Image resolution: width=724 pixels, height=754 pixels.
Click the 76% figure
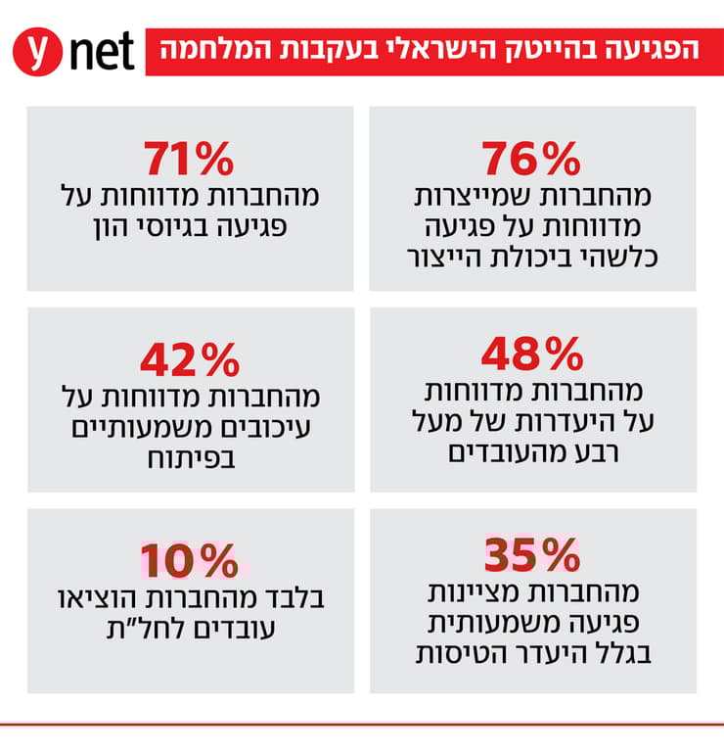[x=532, y=158]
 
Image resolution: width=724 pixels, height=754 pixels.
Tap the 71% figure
[x=190, y=158]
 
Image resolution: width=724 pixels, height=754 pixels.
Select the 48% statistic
[x=532, y=355]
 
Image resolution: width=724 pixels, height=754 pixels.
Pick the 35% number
[x=532, y=556]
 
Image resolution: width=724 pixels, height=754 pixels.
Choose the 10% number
[x=190, y=561]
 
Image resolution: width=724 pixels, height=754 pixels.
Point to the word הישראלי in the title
[x=446, y=49]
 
